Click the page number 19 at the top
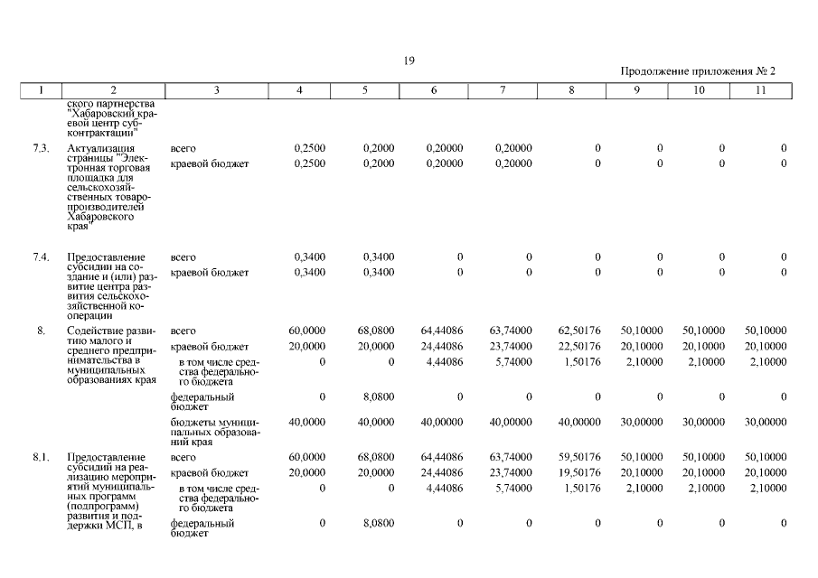pos(409,61)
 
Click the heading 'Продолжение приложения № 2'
pos(698,70)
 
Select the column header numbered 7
pos(503,90)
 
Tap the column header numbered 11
pos(760,90)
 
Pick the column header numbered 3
pos(217,90)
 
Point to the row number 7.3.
pos(41,148)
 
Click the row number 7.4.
pos(41,256)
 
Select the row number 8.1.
pos(41,458)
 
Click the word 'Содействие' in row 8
pos(97,331)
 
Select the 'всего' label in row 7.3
pos(183,148)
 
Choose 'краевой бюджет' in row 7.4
pos(209,272)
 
